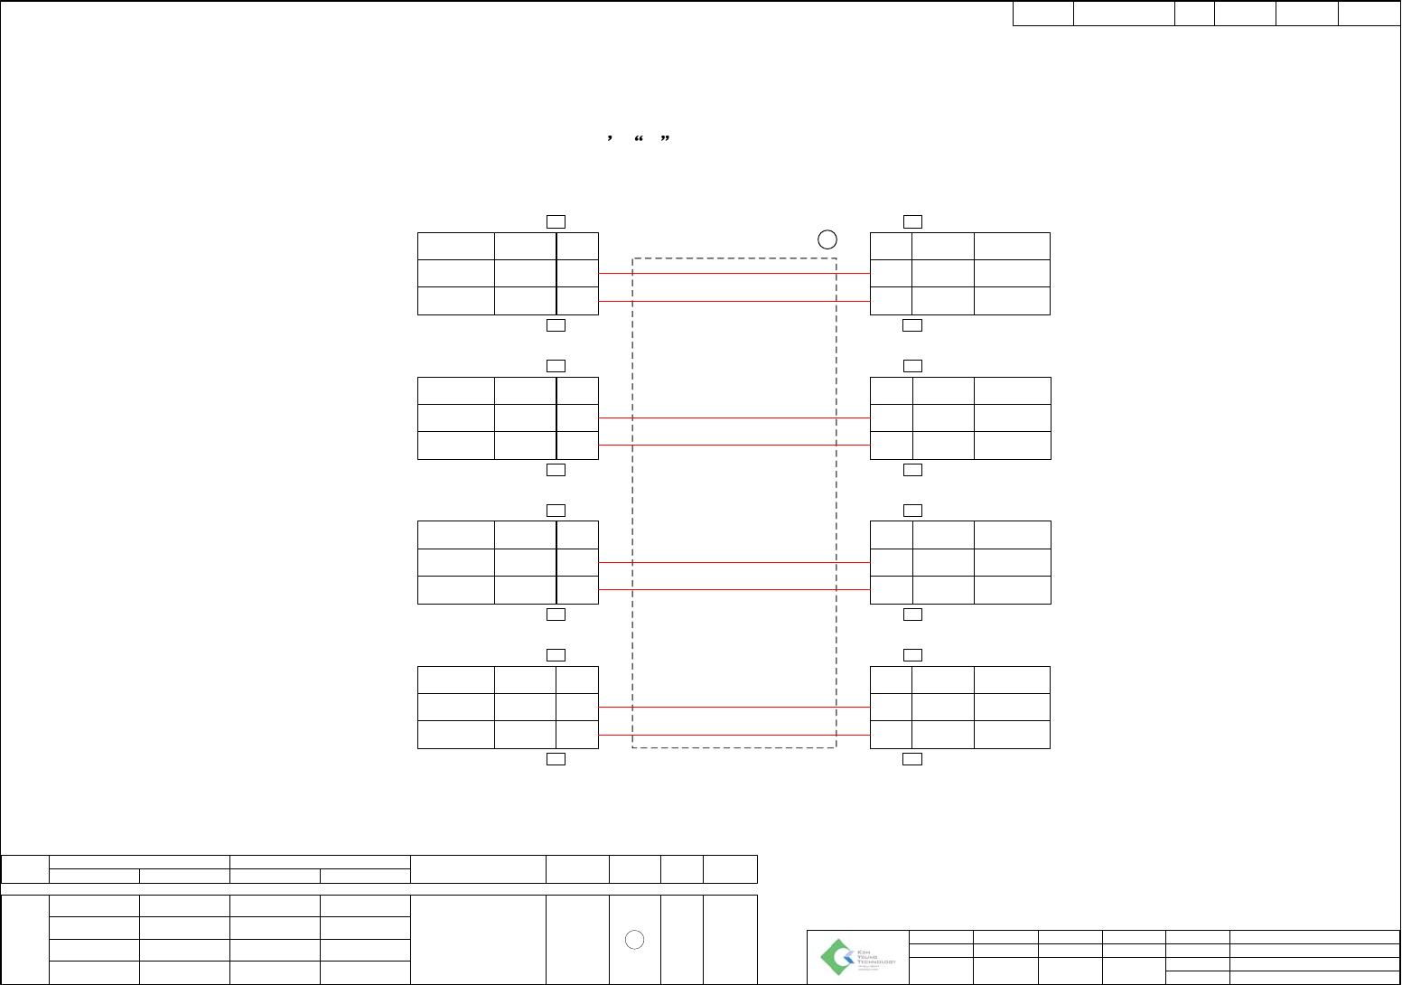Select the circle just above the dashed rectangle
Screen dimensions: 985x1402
point(827,239)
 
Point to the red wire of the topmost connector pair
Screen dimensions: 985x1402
point(734,273)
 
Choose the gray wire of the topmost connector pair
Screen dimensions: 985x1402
point(734,301)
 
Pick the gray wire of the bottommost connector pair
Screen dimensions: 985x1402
point(734,735)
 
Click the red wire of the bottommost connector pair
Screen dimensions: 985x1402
point(734,707)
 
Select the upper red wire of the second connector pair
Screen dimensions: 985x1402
point(734,417)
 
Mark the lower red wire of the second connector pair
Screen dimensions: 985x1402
point(734,445)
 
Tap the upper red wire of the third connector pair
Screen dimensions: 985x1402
point(734,562)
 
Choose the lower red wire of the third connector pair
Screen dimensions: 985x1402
point(734,589)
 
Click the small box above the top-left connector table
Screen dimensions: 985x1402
point(556,220)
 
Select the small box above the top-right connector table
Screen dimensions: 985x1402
point(912,220)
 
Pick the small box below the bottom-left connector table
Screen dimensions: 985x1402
point(556,759)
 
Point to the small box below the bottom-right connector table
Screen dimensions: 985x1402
point(912,759)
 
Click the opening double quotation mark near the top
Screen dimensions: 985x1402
point(639,138)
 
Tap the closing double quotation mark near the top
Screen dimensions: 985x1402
point(665,138)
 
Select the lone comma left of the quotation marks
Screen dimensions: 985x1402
point(611,138)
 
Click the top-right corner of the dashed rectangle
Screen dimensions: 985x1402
point(837,258)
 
